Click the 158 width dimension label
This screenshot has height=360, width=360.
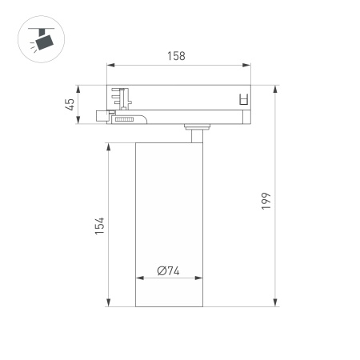point(176,56)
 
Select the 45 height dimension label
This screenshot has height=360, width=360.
point(70,103)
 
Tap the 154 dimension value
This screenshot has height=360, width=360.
point(100,225)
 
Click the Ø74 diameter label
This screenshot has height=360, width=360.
point(168,270)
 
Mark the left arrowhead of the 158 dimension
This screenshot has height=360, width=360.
point(109,66)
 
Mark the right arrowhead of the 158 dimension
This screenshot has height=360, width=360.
point(250,66)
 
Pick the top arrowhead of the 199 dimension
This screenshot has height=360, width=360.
point(277,86)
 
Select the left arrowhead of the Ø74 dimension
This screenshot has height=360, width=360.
point(138,279)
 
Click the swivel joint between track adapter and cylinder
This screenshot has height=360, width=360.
point(194,129)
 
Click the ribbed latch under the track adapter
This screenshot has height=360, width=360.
point(128,118)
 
